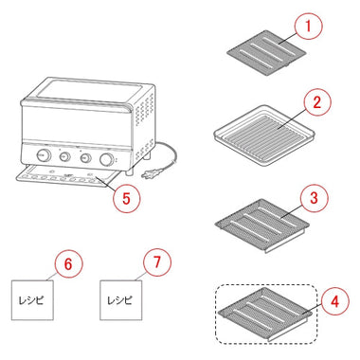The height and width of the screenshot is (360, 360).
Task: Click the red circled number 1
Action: (x=308, y=27)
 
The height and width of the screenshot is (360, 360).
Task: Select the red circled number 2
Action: (x=317, y=102)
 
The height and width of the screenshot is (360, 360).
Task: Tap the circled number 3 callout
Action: (x=314, y=198)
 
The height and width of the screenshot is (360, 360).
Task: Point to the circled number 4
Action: (x=335, y=301)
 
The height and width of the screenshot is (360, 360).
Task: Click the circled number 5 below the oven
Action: (x=126, y=198)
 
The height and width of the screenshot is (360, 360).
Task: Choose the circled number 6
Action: (x=68, y=263)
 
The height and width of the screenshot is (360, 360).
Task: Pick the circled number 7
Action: (x=157, y=262)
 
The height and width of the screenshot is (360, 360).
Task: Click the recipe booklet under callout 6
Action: (x=32, y=299)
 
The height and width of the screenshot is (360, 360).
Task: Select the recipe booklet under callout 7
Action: (x=121, y=299)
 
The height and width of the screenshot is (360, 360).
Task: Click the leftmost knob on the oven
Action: (x=43, y=155)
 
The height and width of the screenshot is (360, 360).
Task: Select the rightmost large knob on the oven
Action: (x=106, y=159)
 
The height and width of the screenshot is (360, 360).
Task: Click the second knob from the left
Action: (x=65, y=156)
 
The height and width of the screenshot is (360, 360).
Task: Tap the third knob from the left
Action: (x=85, y=158)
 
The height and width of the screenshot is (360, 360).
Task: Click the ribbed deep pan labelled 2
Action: (x=264, y=136)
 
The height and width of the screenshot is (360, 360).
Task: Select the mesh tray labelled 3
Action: (x=262, y=225)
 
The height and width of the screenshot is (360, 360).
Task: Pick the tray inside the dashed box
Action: (x=265, y=314)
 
